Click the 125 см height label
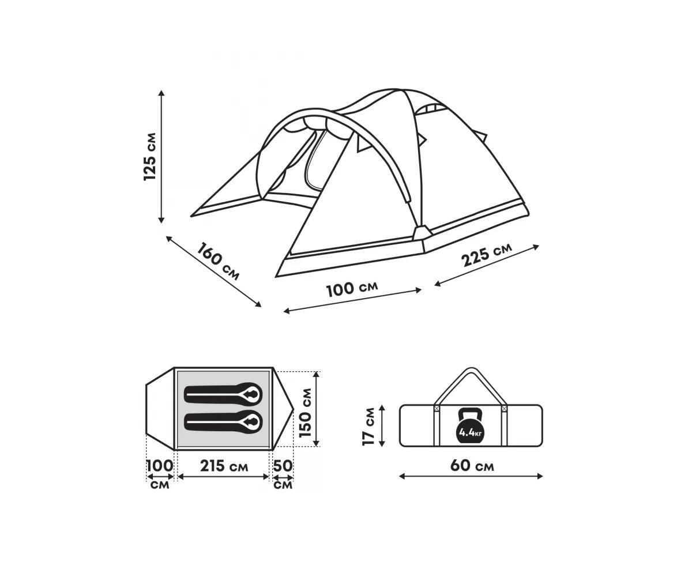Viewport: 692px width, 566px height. point(149,156)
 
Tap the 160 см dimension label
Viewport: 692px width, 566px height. point(218,261)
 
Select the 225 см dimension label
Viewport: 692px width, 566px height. point(486,255)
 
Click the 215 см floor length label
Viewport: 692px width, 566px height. point(224,466)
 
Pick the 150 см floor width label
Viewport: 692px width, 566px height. point(305,413)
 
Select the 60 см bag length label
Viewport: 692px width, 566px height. point(472,466)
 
